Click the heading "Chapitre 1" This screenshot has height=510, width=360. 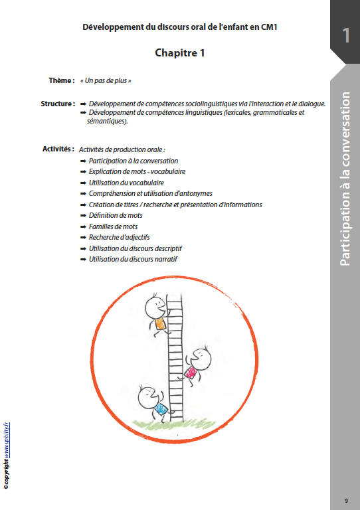coord(179,52)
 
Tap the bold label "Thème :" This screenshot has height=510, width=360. coord(62,80)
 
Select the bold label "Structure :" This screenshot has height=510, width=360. coord(58,104)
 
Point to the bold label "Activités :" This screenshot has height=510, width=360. coord(58,149)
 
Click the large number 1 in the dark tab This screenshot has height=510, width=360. coord(346,35)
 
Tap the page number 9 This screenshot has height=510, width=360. coord(346,501)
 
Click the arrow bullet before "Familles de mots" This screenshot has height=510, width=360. coord(83,226)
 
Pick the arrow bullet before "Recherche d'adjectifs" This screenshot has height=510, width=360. coord(83,238)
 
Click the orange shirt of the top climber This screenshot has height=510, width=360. coord(160,323)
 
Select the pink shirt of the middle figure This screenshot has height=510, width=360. coord(191,372)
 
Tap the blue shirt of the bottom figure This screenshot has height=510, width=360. coord(161,408)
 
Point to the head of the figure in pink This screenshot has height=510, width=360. coord(201,359)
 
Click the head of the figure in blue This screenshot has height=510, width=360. coord(149,398)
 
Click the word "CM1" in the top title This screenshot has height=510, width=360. coord(268,27)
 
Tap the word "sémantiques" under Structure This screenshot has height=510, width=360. coord(106,121)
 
